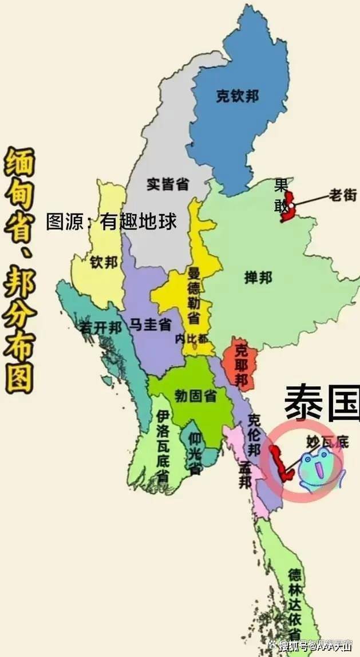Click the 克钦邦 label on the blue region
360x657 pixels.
click(x=237, y=96)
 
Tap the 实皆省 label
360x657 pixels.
click(x=168, y=184)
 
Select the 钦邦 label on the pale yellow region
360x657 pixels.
click(x=104, y=262)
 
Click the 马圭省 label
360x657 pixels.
click(x=150, y=325)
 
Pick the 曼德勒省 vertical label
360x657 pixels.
click(x=194, y=295)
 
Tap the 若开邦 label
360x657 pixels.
click(x=100, y=327)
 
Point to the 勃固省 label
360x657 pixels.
click(x=195, y=395)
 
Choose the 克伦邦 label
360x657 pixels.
click(x=255, y=436)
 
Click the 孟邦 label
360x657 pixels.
click(x=246, y=474)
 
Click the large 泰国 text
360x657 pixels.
click(x=322, y=402)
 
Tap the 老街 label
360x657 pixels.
click(x=342, y=195)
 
